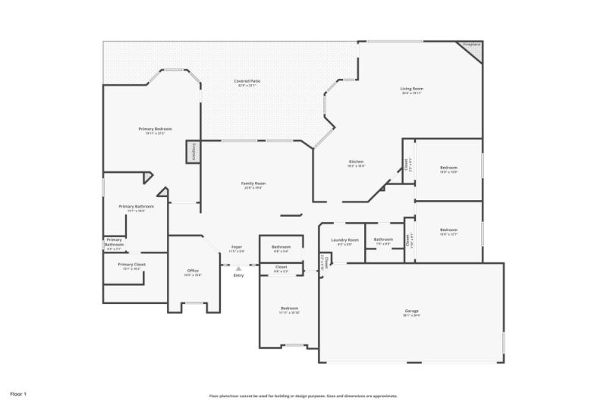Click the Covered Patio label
coord(246,80)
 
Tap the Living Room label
coord(412,89)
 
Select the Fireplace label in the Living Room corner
coord(472,44)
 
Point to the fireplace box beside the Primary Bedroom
coord(192,151)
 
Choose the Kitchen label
coord(356,161)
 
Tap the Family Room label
coord(253,183)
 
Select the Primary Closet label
coord(131,264)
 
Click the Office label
coord(193,271)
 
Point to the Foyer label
coord(237,247)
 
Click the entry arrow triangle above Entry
coord(238,268)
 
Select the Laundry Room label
coord(344,240)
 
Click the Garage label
coord(411,311)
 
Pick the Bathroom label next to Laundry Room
coord(383,240)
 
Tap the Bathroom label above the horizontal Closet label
coord(281,246)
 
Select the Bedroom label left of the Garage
coord(289,308)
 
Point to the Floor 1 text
coord(18,394)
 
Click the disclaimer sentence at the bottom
coord(303,396)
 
